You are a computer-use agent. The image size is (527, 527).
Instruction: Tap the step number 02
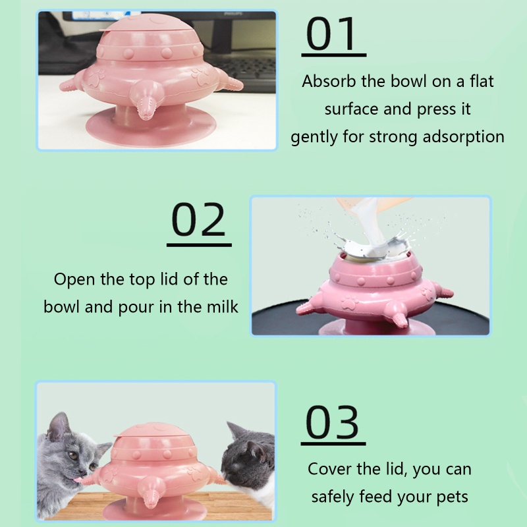coord(198,219)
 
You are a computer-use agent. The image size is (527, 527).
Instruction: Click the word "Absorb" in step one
coord(329,81)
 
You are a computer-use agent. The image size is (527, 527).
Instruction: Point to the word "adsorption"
coord(464,137)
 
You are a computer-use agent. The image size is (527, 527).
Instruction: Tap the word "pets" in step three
coord(452,497)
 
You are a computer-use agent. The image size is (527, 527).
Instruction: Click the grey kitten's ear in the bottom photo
coord(58,426)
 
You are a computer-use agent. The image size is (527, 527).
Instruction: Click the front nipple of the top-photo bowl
coord(144,101)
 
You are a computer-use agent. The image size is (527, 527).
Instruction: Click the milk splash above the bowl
coord(374,245)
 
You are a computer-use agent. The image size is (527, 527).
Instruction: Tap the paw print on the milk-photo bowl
coord(350,302)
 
